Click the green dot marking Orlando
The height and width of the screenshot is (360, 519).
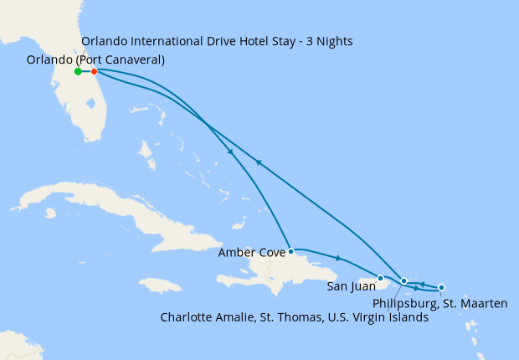[78, 72]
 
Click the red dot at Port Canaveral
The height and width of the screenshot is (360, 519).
[94, 72]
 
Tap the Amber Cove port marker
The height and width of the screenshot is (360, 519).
[290, 251]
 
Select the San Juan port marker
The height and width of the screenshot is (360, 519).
[380, 278]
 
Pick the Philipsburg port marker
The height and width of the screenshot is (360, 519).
[441, 288]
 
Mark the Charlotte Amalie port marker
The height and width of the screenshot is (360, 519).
[403, 281]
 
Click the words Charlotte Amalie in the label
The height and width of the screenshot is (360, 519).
[209, 318]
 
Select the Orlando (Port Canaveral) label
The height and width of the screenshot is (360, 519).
[95, 59]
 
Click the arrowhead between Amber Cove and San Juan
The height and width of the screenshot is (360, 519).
[337, 258]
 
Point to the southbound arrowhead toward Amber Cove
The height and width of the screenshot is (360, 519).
[229, 152]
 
